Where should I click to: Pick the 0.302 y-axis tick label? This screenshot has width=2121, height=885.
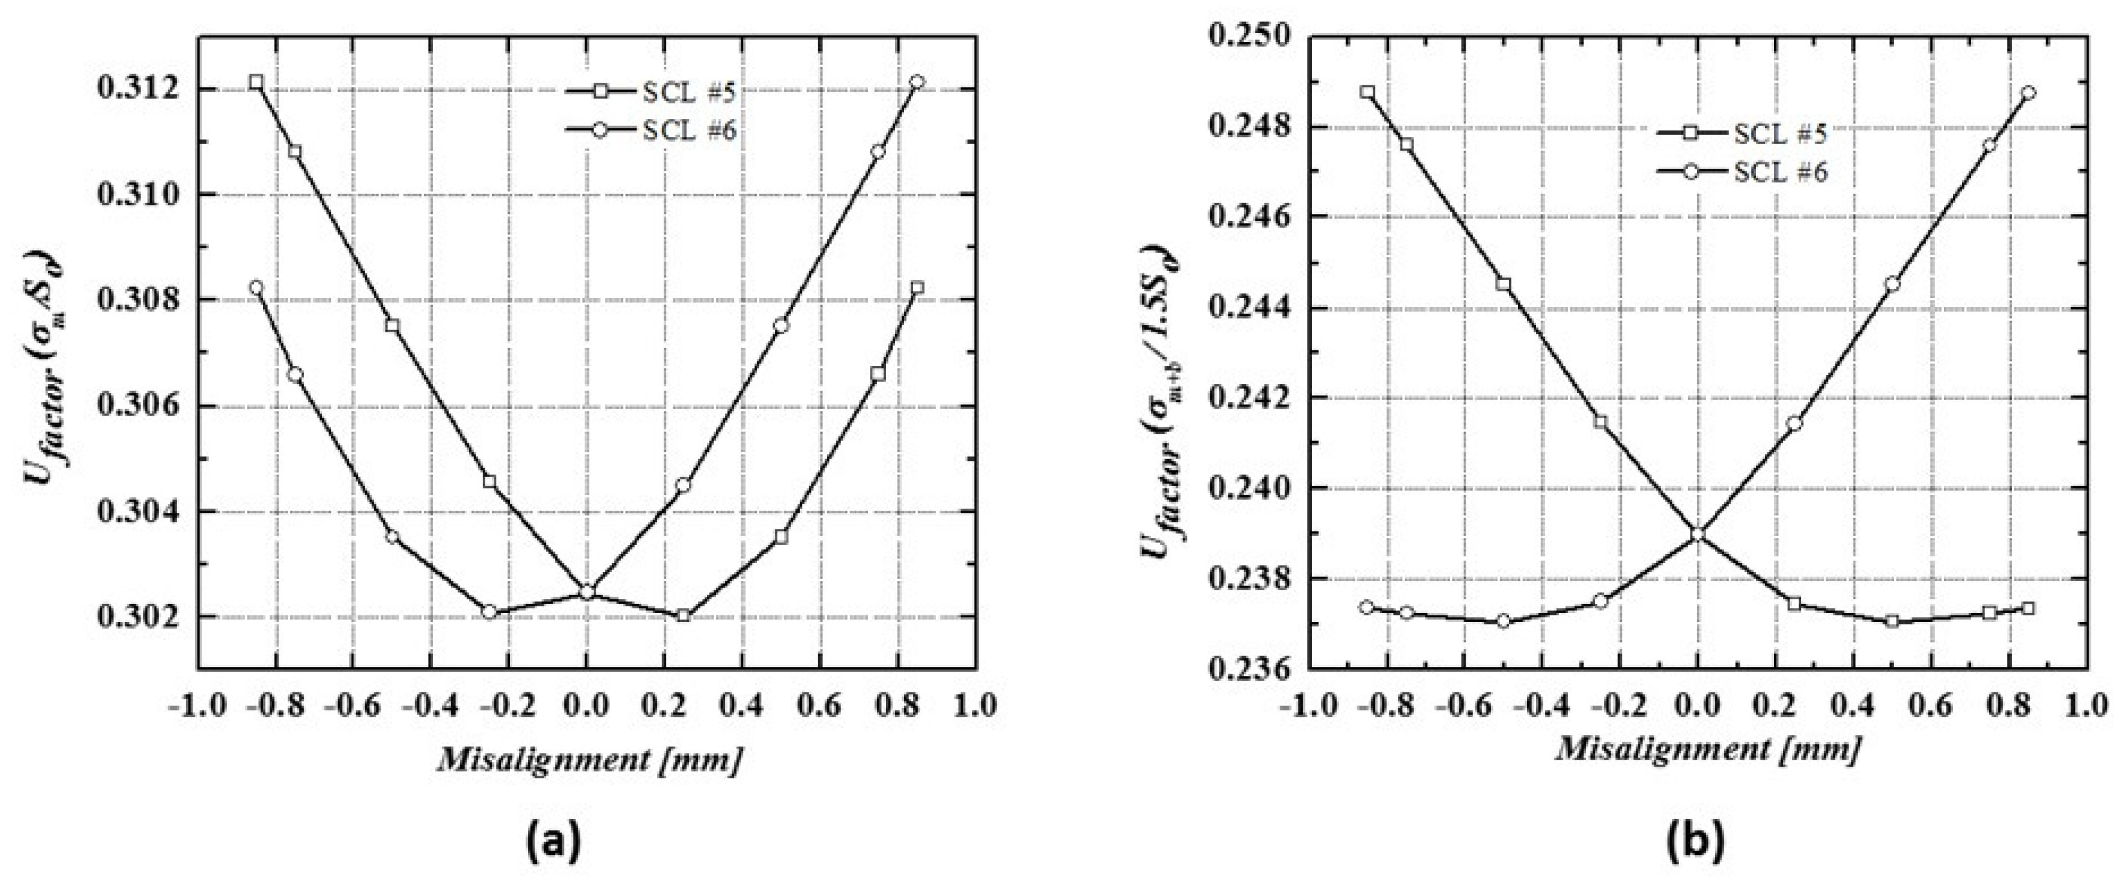coord(135,617)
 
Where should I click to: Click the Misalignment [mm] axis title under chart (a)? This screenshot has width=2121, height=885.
coord(587,759)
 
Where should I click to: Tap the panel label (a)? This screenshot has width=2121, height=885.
coord(552,842)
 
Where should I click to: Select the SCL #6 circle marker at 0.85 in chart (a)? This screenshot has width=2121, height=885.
coord(917,82)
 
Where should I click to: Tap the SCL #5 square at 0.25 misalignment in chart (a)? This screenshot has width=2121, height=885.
coord(682,615)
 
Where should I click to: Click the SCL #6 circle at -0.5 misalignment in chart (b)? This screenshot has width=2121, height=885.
coord(1503,621)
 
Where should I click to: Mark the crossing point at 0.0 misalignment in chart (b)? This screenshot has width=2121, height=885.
coord(1698,533)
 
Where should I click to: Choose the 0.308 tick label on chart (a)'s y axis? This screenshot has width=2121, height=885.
coord(135,301)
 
